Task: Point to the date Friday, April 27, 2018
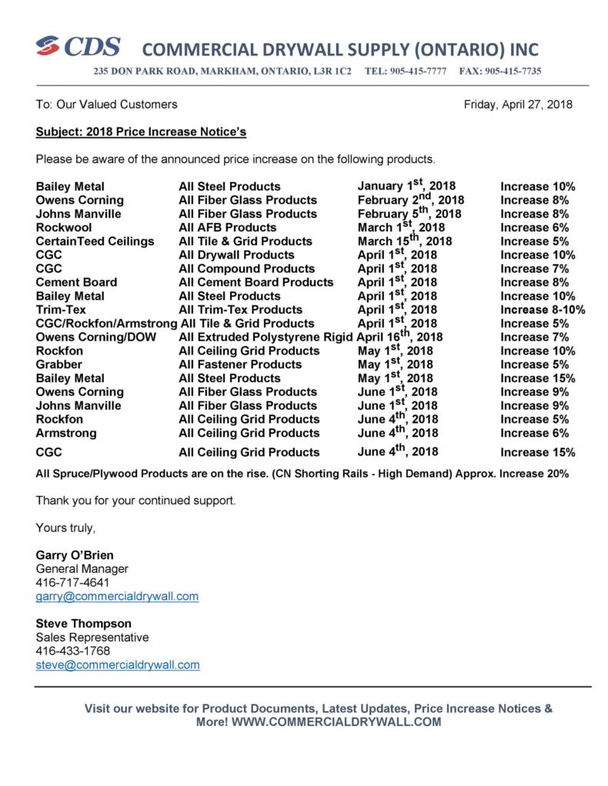(517, 104)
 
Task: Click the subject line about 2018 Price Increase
(141, 132)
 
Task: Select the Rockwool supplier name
(64, 228)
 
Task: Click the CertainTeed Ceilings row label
(95, 241)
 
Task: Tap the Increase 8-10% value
(543, 310)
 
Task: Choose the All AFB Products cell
(227, 228)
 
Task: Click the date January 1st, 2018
(406, 186)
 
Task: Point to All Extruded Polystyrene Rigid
(266, 337)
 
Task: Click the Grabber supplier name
(59, 365)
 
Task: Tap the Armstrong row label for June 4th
(66, 433)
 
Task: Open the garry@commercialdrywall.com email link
(117, 596)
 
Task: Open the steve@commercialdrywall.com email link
(118, 665)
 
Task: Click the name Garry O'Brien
(75, 555)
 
